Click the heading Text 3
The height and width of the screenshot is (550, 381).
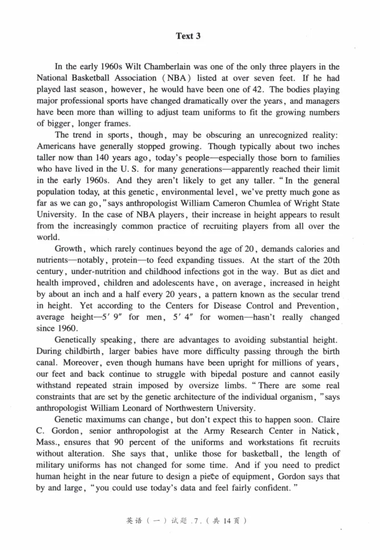(x=188, y=36)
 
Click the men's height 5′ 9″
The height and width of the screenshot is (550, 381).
(x=115, y=317)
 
